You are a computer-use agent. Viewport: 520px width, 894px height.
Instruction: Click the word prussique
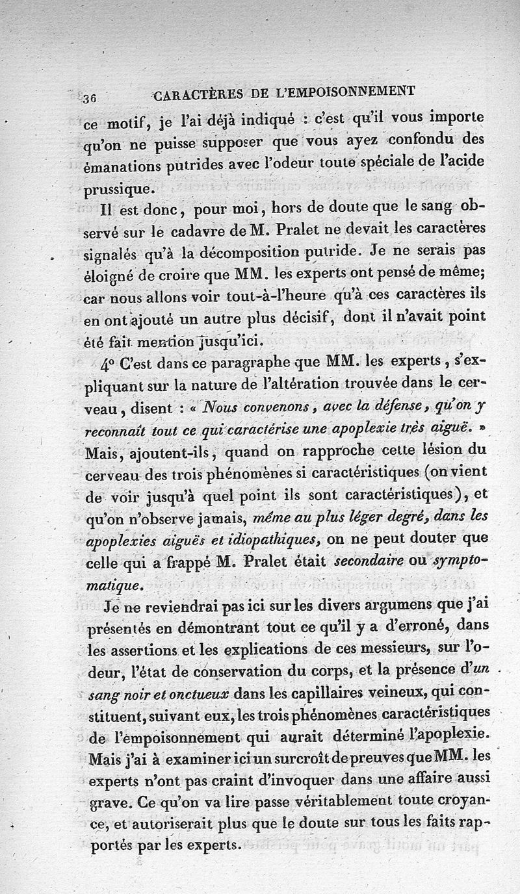pyautogui.click(x=120, y=190)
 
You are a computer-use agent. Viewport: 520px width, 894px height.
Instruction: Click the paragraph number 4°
pyautogui.click(x=111, y=364)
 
